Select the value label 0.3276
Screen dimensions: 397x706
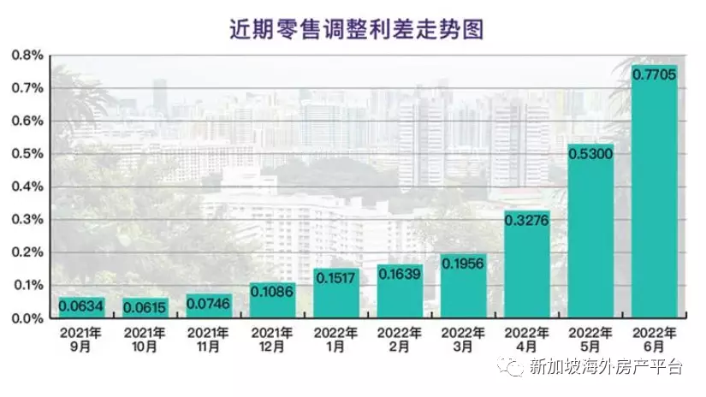pyautogui.click(x=527, y=222)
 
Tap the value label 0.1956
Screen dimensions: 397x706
pyautogui.click(x=464, y=264)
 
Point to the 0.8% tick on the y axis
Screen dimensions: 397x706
pyautogui.click(x=29, y=56)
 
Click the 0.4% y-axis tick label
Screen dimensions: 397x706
pyautogui.click(x=29, y=187)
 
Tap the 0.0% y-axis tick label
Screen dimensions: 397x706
pyautogui.click(x=29, y=318)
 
